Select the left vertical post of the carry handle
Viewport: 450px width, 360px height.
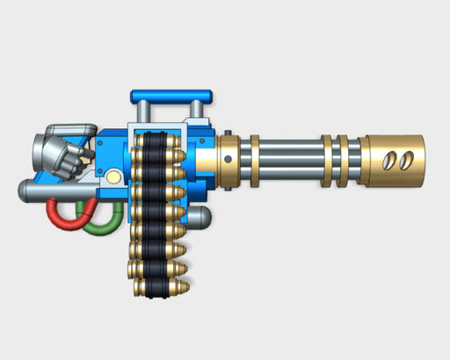pyautogui.click(x=140, y=109)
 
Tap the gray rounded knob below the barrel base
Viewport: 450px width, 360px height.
pyautogui.click(x=205, y=217)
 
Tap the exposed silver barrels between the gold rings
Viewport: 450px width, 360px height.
pyautogui.click(x=290, y=163)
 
